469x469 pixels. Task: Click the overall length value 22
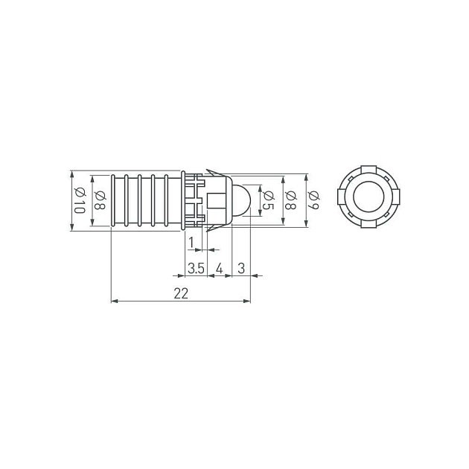tap(180, 293)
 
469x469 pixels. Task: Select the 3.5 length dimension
tap(196, 268)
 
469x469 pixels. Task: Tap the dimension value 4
tap(219, 268)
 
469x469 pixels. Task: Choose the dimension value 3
tap(241, 268)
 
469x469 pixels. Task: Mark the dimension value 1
tap(191, 242)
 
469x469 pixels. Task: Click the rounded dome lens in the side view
tap(241, 200)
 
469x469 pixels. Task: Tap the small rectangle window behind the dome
tap(218, 200)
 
